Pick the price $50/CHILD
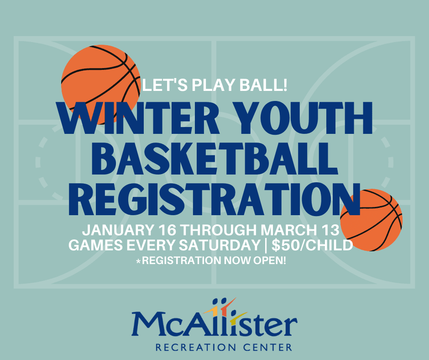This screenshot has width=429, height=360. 313,245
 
